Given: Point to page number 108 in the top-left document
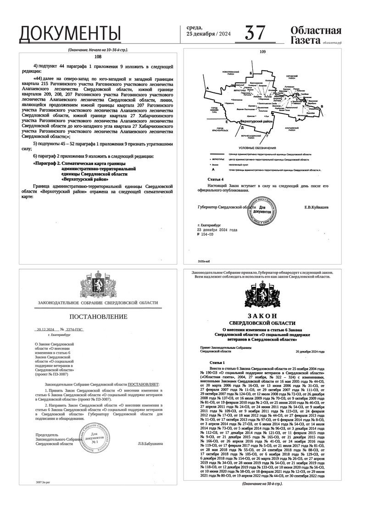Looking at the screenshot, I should coord(97,57).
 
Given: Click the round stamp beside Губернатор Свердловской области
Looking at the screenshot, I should coord(262,209).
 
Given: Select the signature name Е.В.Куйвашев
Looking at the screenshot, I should coord(317,207).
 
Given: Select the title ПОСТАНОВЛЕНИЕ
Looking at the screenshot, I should coord(98,317).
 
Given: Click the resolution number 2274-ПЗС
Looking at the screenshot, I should coord(74,330).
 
